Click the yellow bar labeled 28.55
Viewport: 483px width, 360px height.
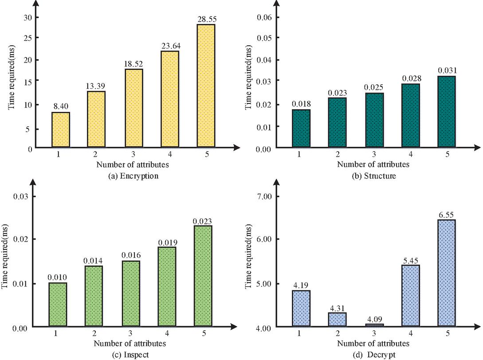206,85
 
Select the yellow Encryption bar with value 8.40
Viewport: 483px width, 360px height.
61,129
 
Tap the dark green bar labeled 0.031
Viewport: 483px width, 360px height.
446,111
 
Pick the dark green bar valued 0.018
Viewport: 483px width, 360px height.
302,128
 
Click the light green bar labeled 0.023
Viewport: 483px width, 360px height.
203,276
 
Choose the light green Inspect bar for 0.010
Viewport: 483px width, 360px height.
58,305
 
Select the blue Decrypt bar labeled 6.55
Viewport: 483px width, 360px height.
446,273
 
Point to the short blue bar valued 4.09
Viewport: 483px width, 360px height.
374,325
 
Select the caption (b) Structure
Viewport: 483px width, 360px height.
373,176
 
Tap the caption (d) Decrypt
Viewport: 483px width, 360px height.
373,355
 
